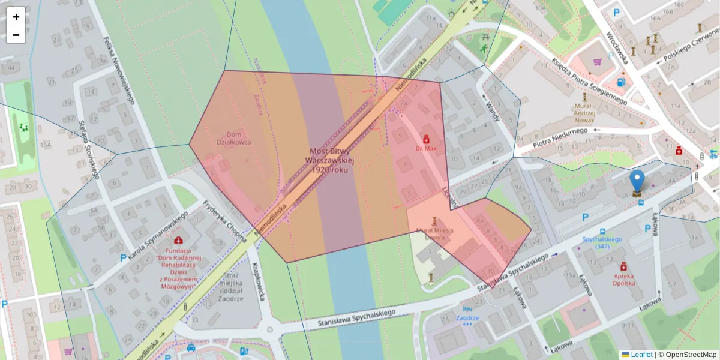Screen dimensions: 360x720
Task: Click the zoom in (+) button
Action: pos(16,17)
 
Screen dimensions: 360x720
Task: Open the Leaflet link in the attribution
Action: pos(641,355)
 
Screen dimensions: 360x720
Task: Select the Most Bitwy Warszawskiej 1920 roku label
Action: pos(330,161)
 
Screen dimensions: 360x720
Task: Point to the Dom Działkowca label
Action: pos(233,138)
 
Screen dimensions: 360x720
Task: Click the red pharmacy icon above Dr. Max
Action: pos(426,138)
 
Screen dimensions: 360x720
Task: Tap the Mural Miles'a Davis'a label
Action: pos(434,234)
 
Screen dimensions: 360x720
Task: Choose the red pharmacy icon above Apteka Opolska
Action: pos(623,266)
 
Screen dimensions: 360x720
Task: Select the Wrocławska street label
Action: pos(616,48)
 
